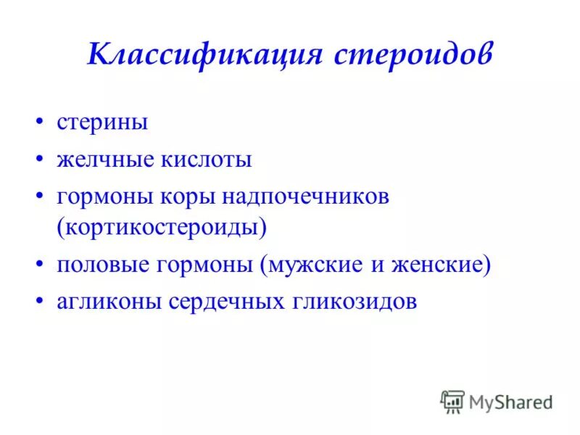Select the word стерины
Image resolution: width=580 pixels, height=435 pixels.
[x=102, y=122]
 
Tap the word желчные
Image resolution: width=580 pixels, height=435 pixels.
[x=105, y=159]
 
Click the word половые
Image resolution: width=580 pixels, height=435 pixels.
[x=106, y=265]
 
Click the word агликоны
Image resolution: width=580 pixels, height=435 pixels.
[x=109, y=302]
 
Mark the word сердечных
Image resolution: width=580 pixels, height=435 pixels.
[x=225, y=302]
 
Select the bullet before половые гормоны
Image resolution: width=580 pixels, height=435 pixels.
[x=41, y=265]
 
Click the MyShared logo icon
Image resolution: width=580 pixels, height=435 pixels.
[x=452, y=401]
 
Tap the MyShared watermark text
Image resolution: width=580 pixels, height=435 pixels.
[x=510, y=402]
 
